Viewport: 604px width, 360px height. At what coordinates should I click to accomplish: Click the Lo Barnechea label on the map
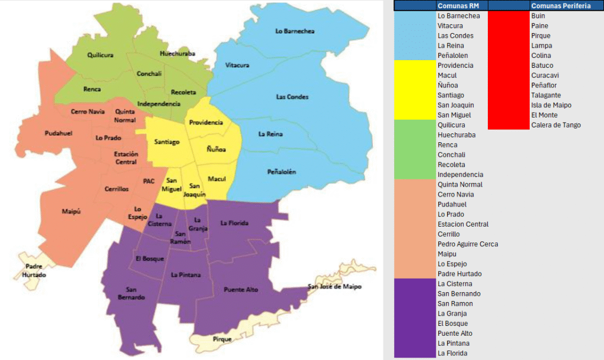pos(295,31)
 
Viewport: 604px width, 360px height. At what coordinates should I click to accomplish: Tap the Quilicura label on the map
pos(100,55)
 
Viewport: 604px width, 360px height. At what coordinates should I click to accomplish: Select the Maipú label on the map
pos(71,211)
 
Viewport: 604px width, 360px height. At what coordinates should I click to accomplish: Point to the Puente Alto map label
pos(241,289)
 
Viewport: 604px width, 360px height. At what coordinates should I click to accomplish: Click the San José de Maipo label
pos(334,287)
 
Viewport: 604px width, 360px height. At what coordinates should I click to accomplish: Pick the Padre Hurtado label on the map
pos(34,271)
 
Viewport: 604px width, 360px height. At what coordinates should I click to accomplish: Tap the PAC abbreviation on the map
pos(149,181)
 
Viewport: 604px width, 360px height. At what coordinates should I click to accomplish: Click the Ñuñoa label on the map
pos(216,150)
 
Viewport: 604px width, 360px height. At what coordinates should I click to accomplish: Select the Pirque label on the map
pos(222,339)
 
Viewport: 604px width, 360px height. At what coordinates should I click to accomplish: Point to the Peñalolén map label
pos(281,172)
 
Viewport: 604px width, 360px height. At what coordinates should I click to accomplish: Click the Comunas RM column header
pos(461,5)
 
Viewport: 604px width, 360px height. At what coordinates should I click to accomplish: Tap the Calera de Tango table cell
pos(556,125)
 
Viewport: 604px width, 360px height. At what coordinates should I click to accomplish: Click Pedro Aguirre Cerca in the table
pos(468,244)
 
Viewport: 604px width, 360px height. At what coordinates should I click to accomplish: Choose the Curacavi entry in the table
pos(545,75)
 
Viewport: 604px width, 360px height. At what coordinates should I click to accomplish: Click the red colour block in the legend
pos(508,70)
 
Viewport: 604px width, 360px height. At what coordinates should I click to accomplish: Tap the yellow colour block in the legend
pos(414,90)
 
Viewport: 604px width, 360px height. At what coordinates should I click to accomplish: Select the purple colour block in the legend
pos(414,318)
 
